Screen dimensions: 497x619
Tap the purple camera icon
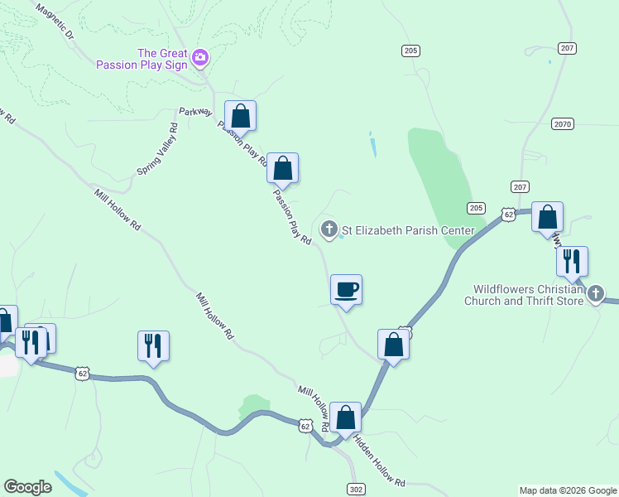point(199,58)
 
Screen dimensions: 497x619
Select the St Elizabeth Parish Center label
point(409,230)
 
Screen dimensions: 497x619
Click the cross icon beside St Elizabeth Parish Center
point(329,229)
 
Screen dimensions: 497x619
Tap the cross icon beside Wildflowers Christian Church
point(595,294)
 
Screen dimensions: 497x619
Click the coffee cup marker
point(347,290)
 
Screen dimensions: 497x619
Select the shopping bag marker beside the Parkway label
point(240,116)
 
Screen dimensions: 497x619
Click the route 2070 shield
point(563,124)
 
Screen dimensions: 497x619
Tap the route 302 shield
point(356,490)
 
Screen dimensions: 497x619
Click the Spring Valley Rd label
point(157,149)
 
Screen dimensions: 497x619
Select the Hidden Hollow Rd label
point(380,462)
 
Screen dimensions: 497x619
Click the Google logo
point(28,487)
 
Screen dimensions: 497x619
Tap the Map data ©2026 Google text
point(567,490)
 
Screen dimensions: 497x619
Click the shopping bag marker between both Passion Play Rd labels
point(282,168)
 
